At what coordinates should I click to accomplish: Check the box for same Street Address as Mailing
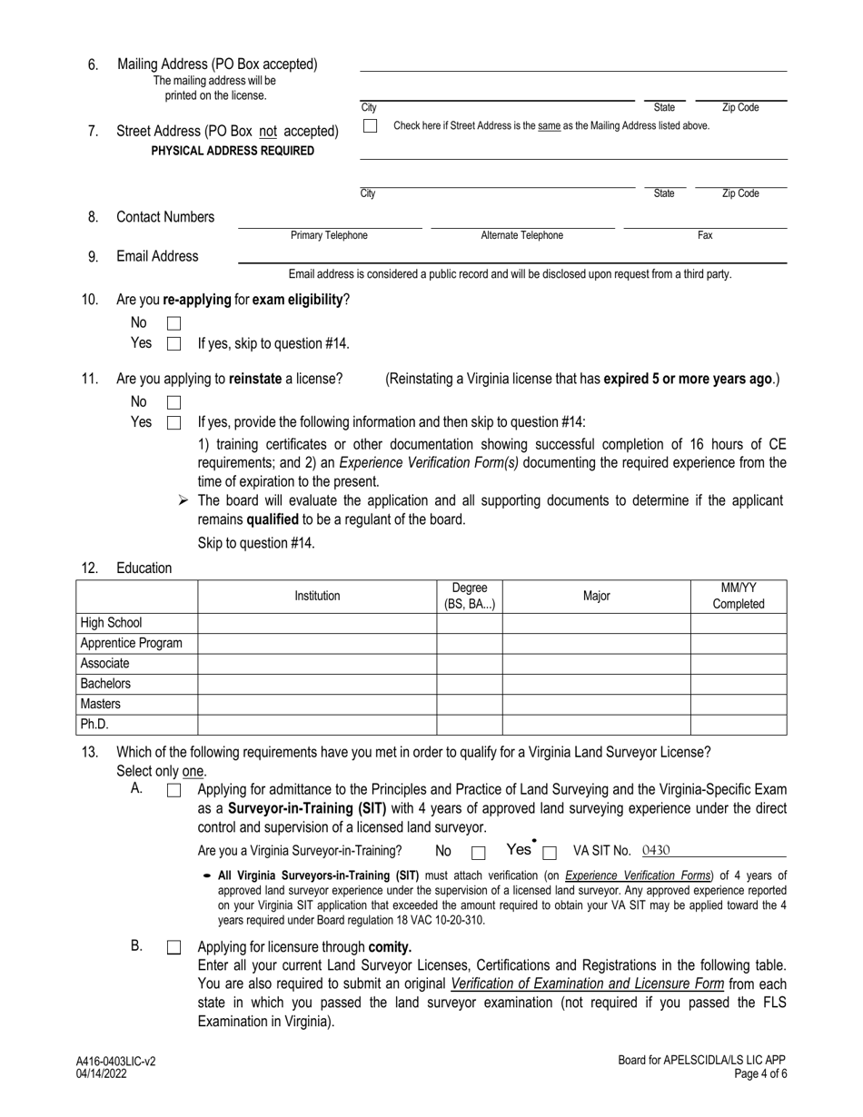370,126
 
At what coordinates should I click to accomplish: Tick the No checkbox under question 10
174,323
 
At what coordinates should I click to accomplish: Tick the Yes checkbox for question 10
174,344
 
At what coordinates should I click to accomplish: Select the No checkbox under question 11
174,402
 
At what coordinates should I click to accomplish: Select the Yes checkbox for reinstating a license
174,422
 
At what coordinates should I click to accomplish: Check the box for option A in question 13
174,791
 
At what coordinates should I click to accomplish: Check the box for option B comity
174,947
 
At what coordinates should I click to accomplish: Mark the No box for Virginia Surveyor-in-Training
479,853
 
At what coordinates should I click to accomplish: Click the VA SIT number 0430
655,851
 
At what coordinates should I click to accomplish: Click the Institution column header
317,597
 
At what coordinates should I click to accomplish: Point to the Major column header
596,597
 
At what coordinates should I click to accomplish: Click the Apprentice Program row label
131,644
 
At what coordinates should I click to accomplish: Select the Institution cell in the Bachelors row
317,684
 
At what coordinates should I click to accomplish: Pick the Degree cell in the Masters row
469,704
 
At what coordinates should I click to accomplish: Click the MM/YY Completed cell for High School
738,623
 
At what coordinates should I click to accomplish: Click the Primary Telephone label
329,236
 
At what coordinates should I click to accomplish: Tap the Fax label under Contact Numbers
705,236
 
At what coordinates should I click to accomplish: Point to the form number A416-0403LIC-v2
116,1061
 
